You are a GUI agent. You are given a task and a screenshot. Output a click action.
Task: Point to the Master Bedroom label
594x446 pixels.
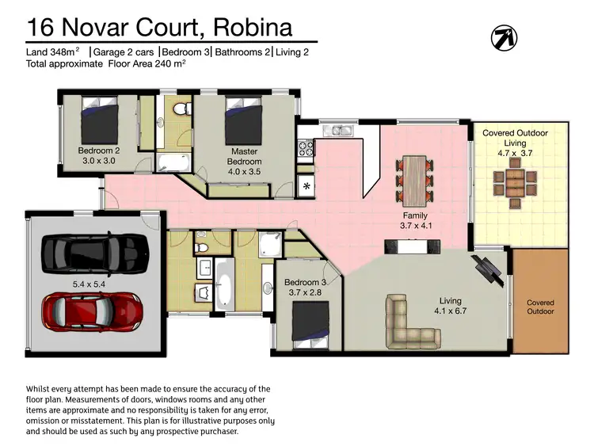[245, 156]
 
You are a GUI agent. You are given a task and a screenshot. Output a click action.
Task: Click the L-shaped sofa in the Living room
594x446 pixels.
[413, 322]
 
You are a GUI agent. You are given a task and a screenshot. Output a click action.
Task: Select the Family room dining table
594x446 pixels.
[414, 178]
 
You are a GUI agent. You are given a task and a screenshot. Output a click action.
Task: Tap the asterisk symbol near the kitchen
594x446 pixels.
[307, 187]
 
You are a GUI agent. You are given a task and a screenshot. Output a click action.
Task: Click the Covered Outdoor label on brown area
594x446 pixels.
[540, 307]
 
